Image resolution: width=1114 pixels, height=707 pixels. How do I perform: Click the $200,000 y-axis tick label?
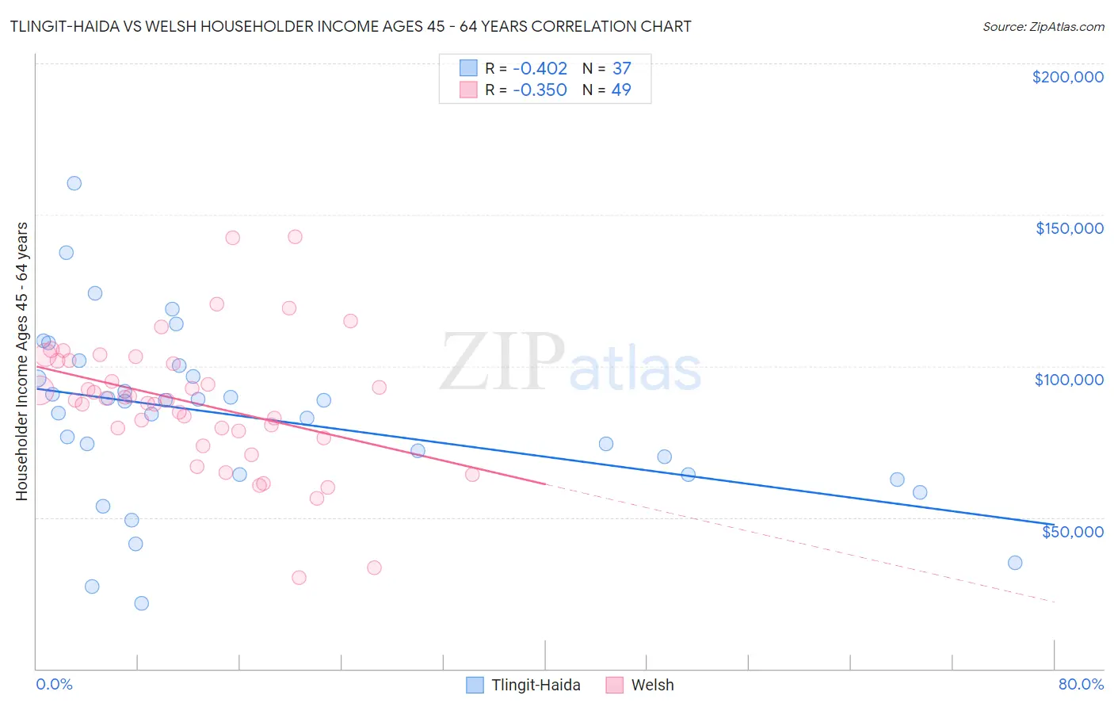[1067, 77]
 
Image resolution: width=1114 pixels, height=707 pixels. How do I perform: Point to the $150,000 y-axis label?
[1069, 228]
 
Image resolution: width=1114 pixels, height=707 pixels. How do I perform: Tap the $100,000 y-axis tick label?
[1069, 380]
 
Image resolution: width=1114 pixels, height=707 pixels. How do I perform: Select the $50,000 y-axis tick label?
[1072, 531]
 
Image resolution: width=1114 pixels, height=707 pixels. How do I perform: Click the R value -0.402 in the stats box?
[540, 69]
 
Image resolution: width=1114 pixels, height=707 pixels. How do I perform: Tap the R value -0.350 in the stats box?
[540, 90]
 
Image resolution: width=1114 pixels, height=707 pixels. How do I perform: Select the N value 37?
[621, 69]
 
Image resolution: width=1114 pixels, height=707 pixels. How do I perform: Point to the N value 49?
[621, 90]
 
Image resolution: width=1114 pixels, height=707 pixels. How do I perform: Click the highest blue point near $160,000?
[74, 183]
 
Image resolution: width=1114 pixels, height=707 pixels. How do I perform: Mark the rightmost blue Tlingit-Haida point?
[1015, 563]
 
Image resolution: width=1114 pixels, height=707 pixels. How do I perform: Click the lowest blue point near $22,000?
[142, 603]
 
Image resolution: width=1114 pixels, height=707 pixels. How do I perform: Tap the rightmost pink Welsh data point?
[472, 475]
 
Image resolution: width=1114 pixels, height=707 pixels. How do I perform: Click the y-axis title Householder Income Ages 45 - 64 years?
[22, 361]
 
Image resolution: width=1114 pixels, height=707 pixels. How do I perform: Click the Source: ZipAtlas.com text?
[1043, 27]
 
